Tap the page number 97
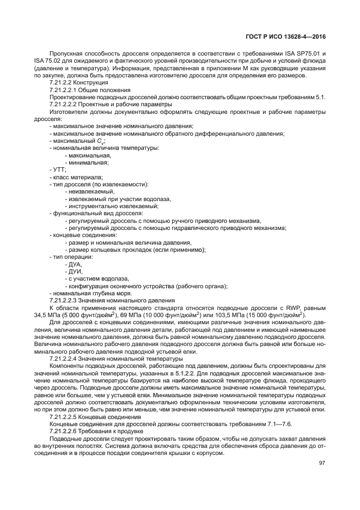321,464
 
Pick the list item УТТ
58,170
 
